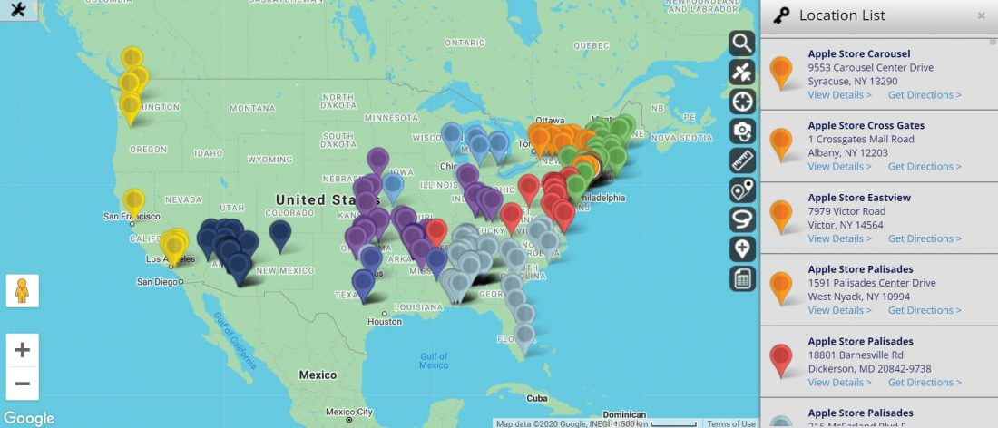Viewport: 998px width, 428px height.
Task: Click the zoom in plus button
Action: click(x=23, y=350)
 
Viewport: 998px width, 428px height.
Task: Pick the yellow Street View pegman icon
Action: click(x=23, y=291)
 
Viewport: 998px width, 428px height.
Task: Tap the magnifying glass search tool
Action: click(x=742, y=44)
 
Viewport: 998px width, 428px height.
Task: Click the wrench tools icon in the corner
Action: click(x=18, y=11)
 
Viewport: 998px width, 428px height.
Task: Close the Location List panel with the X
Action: click(x=981, y=15)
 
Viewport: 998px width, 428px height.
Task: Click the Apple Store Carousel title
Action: click(x=859, y=53)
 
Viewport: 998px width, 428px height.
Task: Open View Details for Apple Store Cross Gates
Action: click(x=839, y=167)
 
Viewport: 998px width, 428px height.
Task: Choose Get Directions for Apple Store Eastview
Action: click(x=924, y=238)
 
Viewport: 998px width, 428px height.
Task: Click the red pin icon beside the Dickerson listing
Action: click(x=780, y=358)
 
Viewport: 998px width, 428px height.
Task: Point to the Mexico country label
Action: click(x=318, y=374)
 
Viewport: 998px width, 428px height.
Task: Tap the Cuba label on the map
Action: click(x=538, y=398)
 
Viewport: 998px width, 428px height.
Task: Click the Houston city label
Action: click(x=385, y=322)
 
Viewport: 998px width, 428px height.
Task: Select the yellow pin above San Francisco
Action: click(x=133, y=200)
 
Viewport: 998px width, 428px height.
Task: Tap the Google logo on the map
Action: click(x=28, y=418)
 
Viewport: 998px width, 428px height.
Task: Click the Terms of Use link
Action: click(x=731, y=423)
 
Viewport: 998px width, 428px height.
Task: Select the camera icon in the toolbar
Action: click(x=742, y=131)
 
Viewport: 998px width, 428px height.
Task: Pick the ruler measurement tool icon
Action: click(x=742, y=160)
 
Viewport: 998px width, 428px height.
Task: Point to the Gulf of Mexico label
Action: click(x=434, y=360)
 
